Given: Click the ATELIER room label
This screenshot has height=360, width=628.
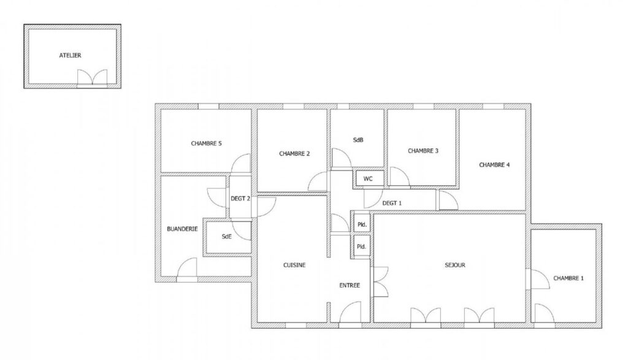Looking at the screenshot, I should (70, 55).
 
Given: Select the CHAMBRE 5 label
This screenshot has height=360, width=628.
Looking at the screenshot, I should (206, 144).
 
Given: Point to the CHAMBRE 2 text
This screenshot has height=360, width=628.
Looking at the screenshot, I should (294, 153).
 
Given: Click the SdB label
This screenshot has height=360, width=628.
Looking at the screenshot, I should (358, 140).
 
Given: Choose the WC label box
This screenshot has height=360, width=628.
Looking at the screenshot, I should (369, 178).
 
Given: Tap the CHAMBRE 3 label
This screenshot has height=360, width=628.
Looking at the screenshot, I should (423, 150).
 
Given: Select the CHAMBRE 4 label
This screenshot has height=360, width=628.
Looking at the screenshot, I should (494, 164).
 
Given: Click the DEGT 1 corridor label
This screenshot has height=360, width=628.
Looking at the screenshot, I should (392, 202).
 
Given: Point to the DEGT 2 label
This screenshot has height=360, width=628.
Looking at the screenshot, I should (240, 198).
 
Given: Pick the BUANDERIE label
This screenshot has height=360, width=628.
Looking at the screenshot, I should (182, 229).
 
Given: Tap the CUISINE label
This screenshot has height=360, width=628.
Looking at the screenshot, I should (294, 265).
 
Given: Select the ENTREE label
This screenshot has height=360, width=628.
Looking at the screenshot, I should (350, 285).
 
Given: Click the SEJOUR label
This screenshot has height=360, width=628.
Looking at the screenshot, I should (455, 265).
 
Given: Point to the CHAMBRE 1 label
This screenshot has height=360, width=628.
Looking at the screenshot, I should (569, 278).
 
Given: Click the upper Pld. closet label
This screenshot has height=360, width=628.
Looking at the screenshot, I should (362, 224).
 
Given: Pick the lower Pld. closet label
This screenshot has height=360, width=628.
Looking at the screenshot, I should (362, 247).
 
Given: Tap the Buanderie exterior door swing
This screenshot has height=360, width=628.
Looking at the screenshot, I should (187, 269).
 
